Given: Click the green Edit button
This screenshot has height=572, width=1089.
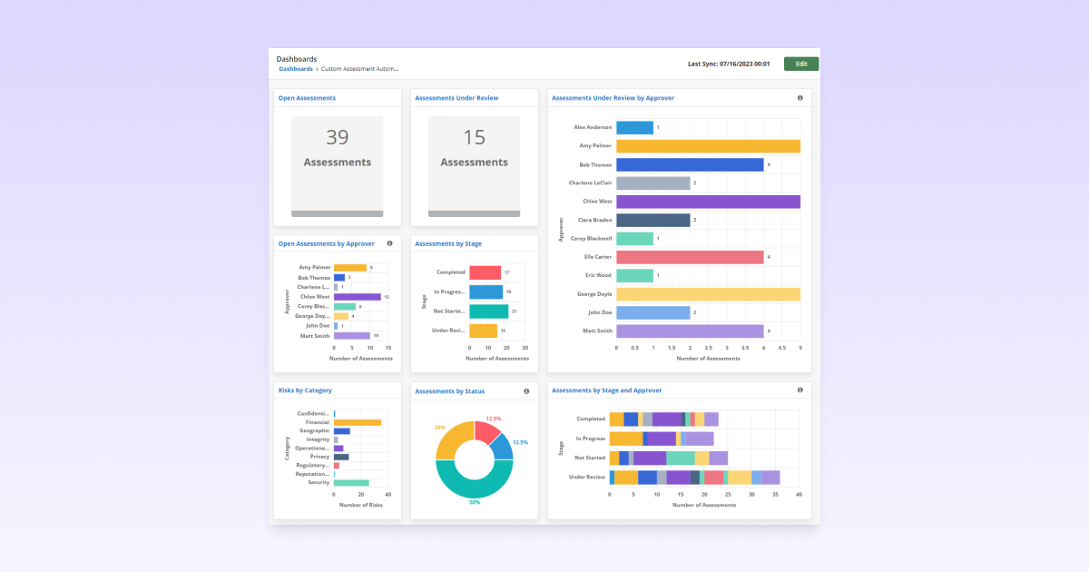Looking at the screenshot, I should pyautogui.click(x=801, y=64).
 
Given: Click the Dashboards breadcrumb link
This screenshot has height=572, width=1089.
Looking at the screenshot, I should pyautogui.click(x=296, y=69).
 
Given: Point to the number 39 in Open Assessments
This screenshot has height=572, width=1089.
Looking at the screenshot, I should pyautogui.click(x=338, y=137).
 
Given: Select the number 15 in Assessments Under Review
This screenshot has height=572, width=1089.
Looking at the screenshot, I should pyautogui.click(x=475, y=137).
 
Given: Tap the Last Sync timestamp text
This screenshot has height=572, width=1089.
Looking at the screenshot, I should pyautogui.click(x=729, y=64).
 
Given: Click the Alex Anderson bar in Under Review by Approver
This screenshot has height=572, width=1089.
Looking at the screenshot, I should pyautogui.click(x=634, y=127).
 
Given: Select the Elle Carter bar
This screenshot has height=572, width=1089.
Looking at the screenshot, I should pyautogui.click(x=690, y=257).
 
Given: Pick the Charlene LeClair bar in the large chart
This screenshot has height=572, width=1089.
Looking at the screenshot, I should pyautogui.click(x=652, y=182).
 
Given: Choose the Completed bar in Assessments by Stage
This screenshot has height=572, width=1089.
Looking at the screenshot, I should pyautogui.click(x=485, y=272).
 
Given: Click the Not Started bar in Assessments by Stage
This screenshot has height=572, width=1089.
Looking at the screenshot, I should pyautogui.click(x=488, y=311).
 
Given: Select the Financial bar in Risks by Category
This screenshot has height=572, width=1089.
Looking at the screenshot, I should pyautogui.click(x=357, y=422).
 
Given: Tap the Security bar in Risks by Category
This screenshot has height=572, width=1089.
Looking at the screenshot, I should pyautogui.click(x=351, y=482).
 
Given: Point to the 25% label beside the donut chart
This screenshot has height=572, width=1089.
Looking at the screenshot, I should pyautogui.click(x=440, y=428).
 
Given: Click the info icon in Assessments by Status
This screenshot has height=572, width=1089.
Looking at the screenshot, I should pyautogui.click(x=526, y=391).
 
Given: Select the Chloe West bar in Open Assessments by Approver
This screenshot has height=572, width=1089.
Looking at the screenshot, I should pyautogui.click(x=357, y=297).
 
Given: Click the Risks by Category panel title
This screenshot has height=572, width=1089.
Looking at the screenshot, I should pyautogui.click(x=305, y=390).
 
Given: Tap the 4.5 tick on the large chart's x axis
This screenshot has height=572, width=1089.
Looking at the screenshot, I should pyautogui.click(x=781, y=348).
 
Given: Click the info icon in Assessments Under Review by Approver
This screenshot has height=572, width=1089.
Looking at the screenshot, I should pyautogui.click(x=800, y=98).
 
